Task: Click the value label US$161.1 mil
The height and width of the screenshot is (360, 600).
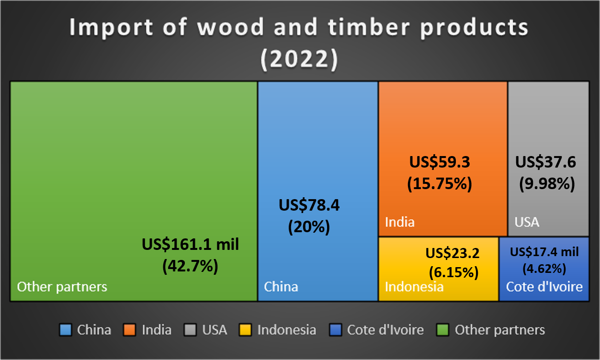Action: pos(190,244)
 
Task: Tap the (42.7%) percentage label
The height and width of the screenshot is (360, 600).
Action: pos(190,265)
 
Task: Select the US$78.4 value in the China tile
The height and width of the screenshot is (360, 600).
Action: pos(309,205)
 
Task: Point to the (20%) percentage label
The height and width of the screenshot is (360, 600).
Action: pos(309,226)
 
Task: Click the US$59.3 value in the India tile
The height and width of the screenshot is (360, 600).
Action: pos(440,162)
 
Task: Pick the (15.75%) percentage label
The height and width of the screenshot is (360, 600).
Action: pos(440,183)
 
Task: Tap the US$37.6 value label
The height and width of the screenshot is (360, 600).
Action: pos(545,162)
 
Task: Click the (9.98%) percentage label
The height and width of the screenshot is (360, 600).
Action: pos(547,183)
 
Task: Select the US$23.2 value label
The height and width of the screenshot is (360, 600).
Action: pos(453,252)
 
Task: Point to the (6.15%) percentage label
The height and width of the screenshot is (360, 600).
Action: pos(453,272)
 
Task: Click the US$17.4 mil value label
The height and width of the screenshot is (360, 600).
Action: pos(544,252)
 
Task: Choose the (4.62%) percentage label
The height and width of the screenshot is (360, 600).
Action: pos(544,268)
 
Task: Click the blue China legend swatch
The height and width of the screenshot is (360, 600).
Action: pos(66,330)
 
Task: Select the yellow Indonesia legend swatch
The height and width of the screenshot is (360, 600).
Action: pos(246,330)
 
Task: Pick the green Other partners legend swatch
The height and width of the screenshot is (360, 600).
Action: pos(443,330)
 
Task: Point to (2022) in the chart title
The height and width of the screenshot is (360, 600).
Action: pos(299,60)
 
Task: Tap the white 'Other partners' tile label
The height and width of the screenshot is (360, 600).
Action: pos(62,287)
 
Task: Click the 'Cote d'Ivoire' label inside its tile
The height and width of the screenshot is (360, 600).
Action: pos(544,287)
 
